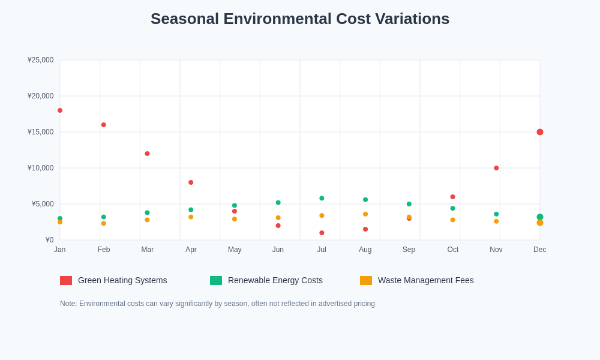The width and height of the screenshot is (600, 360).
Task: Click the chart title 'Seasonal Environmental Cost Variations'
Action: pos(300,19)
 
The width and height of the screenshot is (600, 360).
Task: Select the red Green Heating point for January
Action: pos(60,110)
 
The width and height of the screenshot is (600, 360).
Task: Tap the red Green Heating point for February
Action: pos(104,125)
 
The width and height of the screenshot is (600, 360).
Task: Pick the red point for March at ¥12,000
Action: pos(147,154)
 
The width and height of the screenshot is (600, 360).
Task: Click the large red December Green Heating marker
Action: pos(540,132)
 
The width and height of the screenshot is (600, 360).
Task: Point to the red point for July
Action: pos(322,233)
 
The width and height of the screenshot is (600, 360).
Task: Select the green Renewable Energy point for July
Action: pos(322,198)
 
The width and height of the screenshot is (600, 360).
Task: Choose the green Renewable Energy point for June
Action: pos(278,203)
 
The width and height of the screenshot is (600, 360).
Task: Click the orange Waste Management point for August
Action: pos(365,214)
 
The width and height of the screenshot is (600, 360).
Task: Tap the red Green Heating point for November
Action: pos(496,168)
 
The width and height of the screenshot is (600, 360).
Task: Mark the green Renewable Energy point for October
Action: pos(453,208)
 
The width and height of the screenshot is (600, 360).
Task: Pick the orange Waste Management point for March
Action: pos(147,220)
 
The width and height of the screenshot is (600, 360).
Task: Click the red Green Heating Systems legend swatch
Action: pos(66,280)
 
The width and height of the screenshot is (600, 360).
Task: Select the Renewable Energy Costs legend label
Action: pos(275,280)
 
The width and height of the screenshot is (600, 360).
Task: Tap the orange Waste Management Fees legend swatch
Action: pos(366,280)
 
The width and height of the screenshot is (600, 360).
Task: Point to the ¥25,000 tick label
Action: pos(41,60)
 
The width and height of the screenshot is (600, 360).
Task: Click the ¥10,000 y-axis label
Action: pos(41,168)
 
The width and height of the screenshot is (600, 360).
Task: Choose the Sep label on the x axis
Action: pos(409,250)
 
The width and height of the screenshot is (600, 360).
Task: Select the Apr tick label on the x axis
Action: pos(191,250)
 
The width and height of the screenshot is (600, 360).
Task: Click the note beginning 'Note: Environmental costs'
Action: pos(217,304)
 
